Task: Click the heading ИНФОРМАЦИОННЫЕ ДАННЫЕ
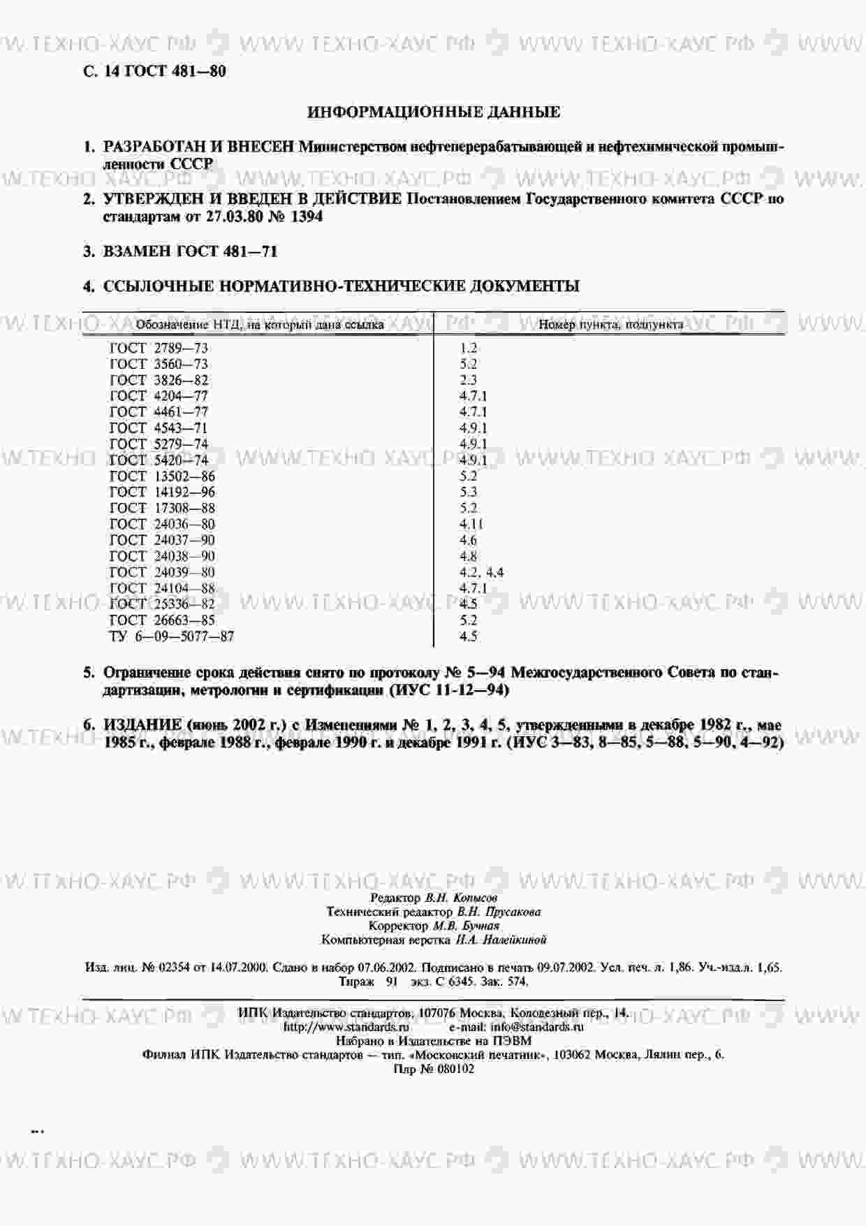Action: [x=433, y=112]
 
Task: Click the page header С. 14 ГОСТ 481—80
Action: [x=154, y=71]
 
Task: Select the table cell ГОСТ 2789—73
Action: [x=159, y=348]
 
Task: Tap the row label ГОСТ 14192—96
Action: [x=163, y=492]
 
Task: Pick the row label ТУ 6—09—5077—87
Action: [x=172, y=636]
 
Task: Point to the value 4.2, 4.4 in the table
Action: [x=481, y=572]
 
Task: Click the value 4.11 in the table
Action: [x=471, y=524]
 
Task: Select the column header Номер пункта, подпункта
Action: [x=610, y=324]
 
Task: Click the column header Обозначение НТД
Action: [x=259, y=324]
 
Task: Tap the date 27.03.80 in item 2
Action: [x=235, y=217]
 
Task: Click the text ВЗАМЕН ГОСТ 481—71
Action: [x=190, y=251]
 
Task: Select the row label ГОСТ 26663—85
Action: [x=163, y=620]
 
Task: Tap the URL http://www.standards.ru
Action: [x=346, y=1027]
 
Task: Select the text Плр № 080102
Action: [x=433, y=1069]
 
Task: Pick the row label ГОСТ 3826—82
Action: [x=159, y=380]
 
